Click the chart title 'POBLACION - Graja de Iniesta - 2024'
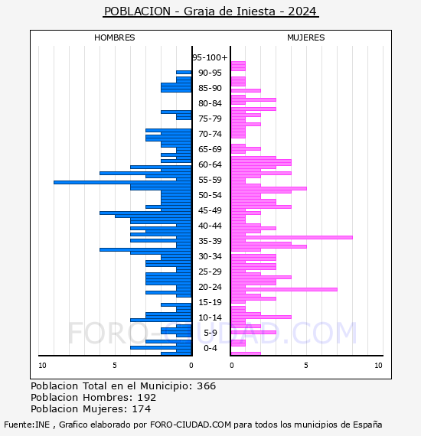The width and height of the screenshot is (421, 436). (x=210, y=11)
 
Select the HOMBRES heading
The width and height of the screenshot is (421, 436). (x=114, y=37)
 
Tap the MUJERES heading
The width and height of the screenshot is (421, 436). (x=306, y=37)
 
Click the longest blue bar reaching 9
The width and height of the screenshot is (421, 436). (x=122, y=182)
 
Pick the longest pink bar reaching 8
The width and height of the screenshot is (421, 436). (x=292, y=237)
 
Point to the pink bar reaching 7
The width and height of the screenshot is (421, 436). (x=284, y=289)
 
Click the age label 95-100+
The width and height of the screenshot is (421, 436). (x=210, y=57)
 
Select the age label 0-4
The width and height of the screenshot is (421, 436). (x=210, y=348)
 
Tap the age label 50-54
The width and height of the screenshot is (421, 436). (x=210, y=195)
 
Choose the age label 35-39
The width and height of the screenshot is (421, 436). (x=210, y=241)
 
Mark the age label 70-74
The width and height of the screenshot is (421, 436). (x=210, y=134)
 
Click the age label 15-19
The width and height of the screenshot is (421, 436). (x=210, y=302)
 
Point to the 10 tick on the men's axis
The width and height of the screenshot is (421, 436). (x=42, y=366)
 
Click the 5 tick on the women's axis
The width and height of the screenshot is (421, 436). (x=306, y=366)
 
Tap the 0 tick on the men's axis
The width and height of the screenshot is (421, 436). (x=191, y=366)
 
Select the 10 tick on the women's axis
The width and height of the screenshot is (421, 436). (x=378, y=366)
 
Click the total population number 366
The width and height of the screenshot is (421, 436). (x=206, y=386)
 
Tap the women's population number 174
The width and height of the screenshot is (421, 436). (x=141, y=408)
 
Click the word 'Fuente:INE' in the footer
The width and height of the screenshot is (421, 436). (x=27, y=425)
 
